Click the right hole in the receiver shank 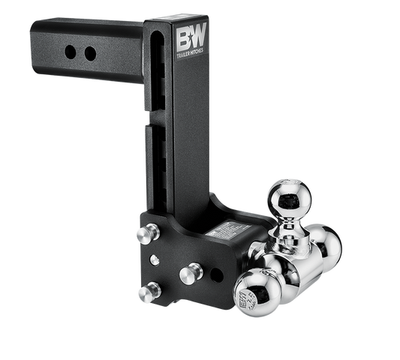pos(90,54)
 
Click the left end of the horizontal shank pos(34,52)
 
